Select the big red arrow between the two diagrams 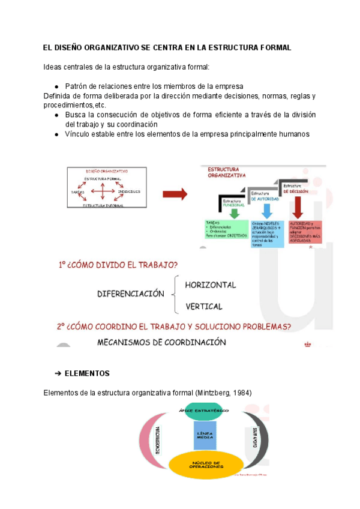pos(175,194)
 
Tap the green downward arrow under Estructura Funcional pos(235,211)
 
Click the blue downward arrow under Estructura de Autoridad pos(267,209)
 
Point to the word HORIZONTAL pos(210,285)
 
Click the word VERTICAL pos(204,306)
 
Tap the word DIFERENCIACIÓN pos(131,294)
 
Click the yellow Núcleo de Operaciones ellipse pos(206,466)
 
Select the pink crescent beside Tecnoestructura pos(146,441)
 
